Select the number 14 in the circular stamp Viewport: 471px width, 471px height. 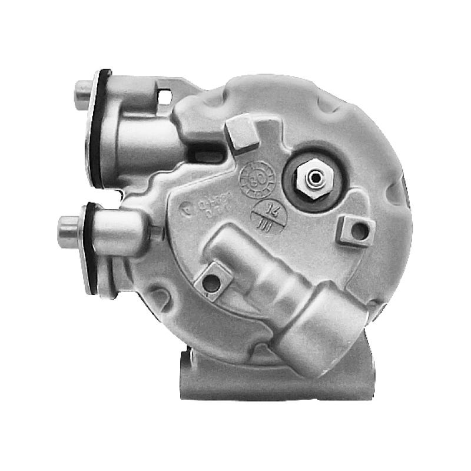coord(272,208)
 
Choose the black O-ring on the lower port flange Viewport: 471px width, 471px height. coord(89,247)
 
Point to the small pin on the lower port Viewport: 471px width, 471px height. coord(155,233)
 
